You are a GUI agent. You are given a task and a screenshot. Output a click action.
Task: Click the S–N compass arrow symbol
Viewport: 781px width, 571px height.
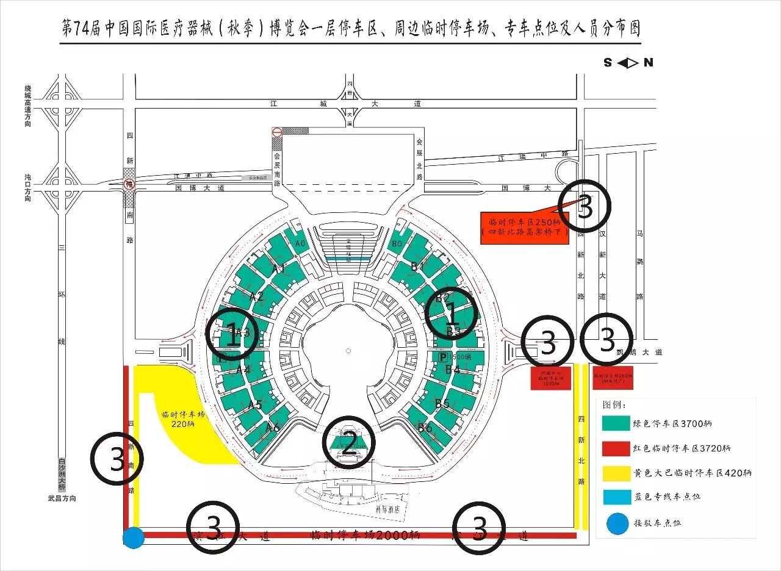click(628, 62)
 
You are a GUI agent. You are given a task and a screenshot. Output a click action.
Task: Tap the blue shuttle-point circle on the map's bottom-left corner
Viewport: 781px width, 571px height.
click(133, 537)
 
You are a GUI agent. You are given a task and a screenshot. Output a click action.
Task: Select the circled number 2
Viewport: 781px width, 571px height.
click(348, 442)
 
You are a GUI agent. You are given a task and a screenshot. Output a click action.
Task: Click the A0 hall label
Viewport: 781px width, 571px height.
click(300, 244)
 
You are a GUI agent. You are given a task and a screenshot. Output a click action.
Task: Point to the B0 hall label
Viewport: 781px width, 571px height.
click(397, 244)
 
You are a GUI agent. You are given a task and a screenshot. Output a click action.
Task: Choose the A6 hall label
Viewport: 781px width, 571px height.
click(273, 428)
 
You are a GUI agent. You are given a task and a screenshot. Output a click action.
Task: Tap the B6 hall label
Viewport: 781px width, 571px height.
click(425, 428)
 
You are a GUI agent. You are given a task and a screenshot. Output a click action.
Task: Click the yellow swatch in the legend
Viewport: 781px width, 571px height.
click(614, 472)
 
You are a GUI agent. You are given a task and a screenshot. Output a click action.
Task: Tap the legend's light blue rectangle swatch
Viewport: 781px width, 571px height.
click(614, 497)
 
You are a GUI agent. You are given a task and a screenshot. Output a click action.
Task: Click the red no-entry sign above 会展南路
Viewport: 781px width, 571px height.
click(277, 132)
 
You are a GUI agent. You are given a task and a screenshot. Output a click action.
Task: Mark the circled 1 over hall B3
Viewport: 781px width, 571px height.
click(452, 315)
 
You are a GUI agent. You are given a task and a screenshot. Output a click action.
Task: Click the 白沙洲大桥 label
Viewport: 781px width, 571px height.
click(61, 475)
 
